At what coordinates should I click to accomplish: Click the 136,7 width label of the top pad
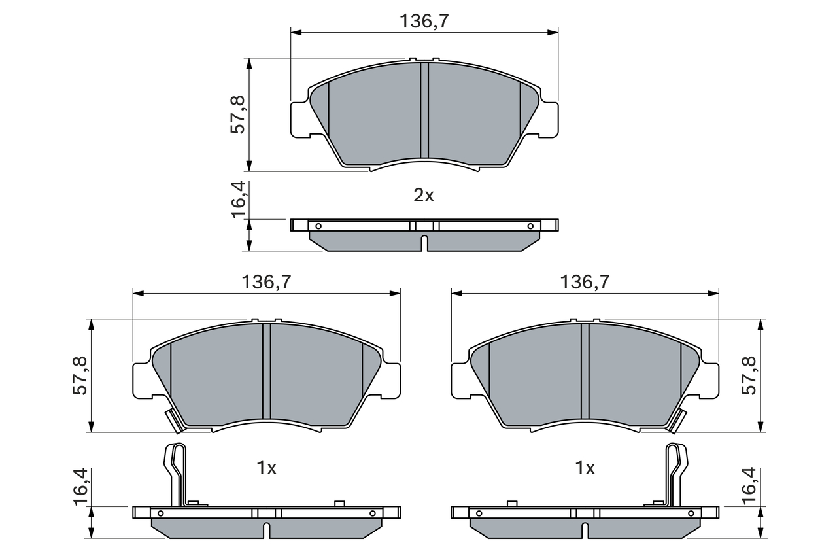point(424,21)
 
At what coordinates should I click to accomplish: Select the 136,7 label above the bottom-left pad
point(266,282)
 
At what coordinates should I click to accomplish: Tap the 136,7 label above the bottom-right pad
point(585,282)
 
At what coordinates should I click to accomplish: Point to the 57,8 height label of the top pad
point(237,114)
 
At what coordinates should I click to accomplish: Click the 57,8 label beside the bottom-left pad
point(80,375)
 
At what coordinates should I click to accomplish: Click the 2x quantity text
point(424,196)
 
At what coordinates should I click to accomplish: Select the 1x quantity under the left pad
point(266,468)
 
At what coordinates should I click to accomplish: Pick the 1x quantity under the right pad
point(585,468)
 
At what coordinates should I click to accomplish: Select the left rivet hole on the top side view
point(318,226)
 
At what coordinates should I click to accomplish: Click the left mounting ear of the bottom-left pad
point(142,380)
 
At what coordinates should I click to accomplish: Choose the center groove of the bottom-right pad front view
point(585,371)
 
